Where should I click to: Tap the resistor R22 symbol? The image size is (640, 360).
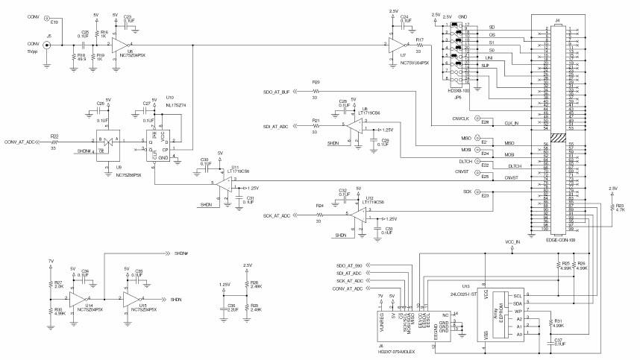coord(55,142)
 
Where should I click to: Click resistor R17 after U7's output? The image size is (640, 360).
coord(420,45)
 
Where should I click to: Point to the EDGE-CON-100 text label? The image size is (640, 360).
coord(561,240)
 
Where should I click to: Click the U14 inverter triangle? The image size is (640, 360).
coord(77,299)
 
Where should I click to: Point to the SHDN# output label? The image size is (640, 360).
coord(181,253)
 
